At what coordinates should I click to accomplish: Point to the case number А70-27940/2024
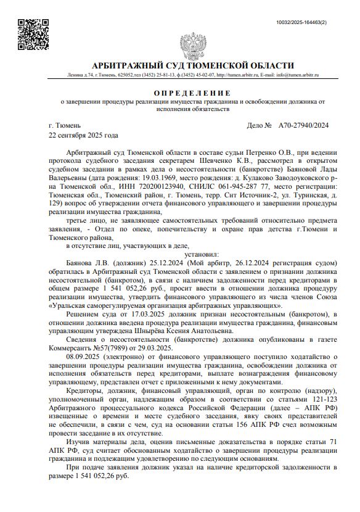pos(303,125)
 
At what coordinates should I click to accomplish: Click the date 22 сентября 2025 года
pos(83,134)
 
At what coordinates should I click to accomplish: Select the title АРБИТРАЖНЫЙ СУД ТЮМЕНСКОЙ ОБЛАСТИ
pos(192,65)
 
